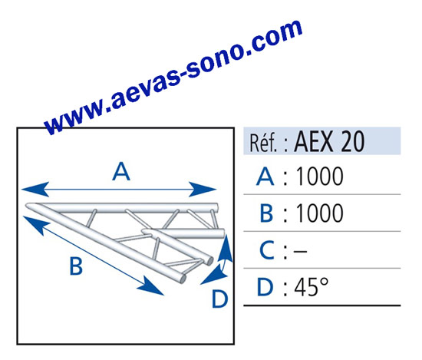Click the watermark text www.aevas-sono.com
coord(173,77)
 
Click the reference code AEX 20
coord(329,141)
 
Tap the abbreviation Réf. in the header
coord(263,143)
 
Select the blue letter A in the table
coord(265,177)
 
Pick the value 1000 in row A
coord(319,177)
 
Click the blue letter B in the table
coord(266,213)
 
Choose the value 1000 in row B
coord(319,213)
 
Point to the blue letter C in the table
coord(267,250)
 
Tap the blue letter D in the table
coord(265,287)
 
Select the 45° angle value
coord(312,287)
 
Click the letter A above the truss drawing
coord(121,171)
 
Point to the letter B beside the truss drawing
coord(76,266)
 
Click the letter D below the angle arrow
coord(220,299)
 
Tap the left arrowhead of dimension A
coord(35,189)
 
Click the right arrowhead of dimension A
coord(203,189)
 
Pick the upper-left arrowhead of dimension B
coord(36,225)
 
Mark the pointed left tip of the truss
coord(26,206)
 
